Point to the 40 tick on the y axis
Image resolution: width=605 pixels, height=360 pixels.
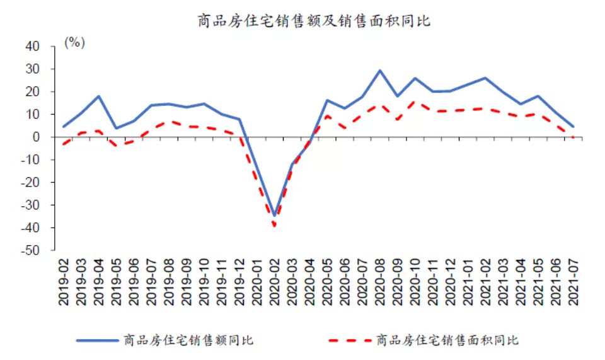[32, 47]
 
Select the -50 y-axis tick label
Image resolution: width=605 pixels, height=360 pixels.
[29, 250]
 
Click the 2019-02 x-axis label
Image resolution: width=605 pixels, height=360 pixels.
[64, 282]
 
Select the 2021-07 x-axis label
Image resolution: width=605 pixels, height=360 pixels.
[573, 282]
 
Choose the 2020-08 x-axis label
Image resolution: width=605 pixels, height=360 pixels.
[379, 282]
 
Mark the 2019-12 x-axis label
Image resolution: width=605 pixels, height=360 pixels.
[239, 282]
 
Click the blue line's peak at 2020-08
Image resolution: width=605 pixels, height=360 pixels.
[379, 71]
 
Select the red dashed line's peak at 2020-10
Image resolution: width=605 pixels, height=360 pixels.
[414, 102]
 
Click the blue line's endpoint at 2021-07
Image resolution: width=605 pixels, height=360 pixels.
[573, 127]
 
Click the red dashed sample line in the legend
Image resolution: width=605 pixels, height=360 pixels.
[349, 340]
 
